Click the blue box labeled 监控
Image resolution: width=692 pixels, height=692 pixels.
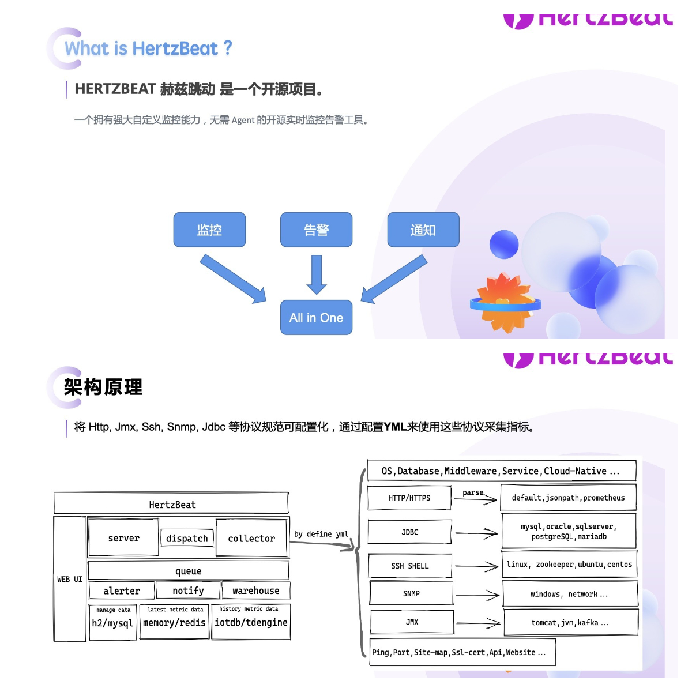point(209,230)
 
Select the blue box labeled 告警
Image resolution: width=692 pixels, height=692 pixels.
point(316,230)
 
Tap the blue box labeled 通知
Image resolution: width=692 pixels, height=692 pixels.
point(423,230)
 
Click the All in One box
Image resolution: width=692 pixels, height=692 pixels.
point(316,317)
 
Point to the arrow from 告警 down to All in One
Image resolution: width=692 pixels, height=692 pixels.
point(316,274)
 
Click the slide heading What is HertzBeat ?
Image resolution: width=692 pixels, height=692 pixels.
point(148,48)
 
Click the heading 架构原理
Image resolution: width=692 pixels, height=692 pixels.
point(103,387)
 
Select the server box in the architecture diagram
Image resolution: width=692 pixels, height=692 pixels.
point(123,538)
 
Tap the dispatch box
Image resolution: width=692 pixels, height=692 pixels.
point(187,538)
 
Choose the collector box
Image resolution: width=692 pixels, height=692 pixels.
point(251,538)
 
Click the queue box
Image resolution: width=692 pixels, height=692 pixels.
point(188,571)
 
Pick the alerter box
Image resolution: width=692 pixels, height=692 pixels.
point(122,591)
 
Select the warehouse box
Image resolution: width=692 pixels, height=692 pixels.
point(255,591)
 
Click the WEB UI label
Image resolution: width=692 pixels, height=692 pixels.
point(70,579)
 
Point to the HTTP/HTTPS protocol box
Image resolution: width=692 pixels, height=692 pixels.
point(409,498)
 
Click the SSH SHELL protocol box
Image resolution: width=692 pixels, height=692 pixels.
point(410,566)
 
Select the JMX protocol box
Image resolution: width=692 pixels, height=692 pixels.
point(412,622)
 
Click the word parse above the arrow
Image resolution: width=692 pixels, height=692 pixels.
point(473,492)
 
